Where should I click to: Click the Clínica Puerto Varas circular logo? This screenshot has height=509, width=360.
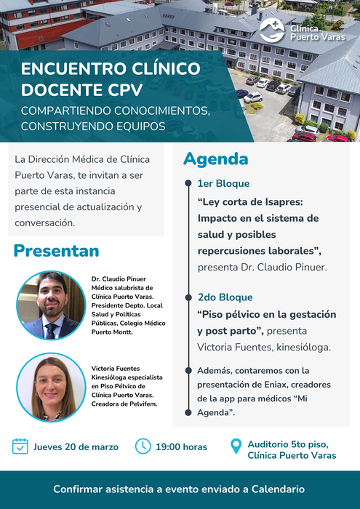[272, 31]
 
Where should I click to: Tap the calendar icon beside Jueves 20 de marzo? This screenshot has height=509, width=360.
[20, 446]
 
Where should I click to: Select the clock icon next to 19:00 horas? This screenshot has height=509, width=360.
[143, 446]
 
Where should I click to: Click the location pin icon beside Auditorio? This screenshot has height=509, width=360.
[236, 446]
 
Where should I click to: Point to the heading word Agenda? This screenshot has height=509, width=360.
[216, 159]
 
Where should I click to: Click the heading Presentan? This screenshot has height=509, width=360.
[56, 251]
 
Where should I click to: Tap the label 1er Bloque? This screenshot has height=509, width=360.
[224, 183]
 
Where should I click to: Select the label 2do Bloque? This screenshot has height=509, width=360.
[225, 297]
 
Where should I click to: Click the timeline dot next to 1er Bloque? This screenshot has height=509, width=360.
[188, 183]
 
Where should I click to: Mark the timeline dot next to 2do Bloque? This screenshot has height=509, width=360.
[188, 297]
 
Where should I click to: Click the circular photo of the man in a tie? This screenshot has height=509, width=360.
[51, 305]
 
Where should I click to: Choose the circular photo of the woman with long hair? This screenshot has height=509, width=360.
[51, 388]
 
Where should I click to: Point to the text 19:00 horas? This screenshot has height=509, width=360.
[182, 447]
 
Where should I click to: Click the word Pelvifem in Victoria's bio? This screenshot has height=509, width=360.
[145, 404]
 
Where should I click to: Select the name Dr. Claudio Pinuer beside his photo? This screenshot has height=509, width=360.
[119, 278]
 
